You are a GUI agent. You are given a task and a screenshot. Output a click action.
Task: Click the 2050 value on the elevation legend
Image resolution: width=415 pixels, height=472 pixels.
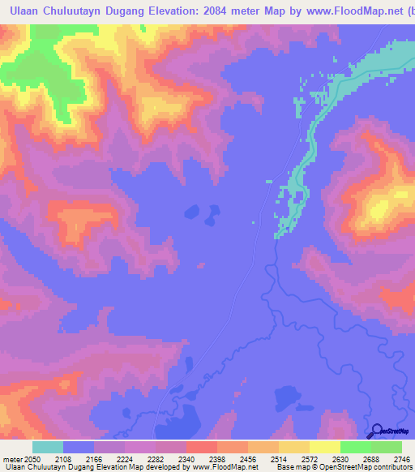[x=32, y=458]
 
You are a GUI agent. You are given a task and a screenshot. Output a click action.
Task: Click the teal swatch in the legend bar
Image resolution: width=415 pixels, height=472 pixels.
[x=47, y=447]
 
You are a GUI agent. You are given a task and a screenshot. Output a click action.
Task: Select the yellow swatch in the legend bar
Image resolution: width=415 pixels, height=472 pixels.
[x=324, y=447]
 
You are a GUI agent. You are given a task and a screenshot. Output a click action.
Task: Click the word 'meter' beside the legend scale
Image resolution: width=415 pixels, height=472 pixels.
[x=11, y=458]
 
